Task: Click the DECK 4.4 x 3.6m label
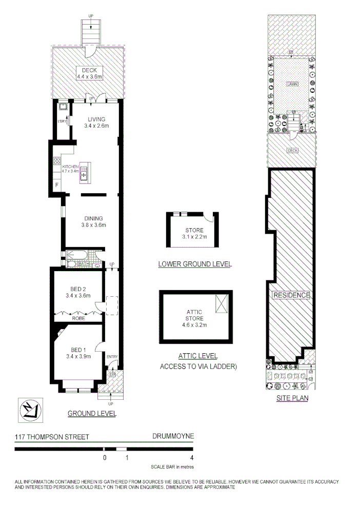[x=90, y=73]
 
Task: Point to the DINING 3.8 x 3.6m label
[x=93, y=221]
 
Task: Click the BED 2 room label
[x=78, y=292]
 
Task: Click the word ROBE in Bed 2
[x=78, y=318]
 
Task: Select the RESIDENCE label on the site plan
[x=291, y=295]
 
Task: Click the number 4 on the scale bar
[x=191, y=458]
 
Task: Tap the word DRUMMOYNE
[x=173, y=437]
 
